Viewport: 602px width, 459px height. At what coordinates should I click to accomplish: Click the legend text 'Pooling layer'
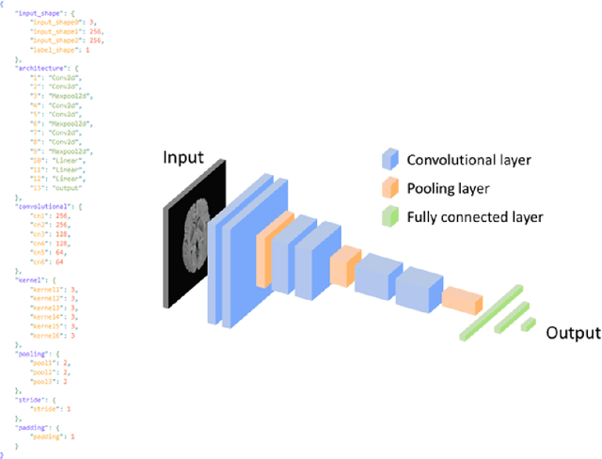(x=448, y=189)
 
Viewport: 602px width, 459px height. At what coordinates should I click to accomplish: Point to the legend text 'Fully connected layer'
(x=475, y=217)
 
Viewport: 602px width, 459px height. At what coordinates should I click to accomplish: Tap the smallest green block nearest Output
(x=529, y=324)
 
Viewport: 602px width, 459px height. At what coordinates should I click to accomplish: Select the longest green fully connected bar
(x=491, y=310)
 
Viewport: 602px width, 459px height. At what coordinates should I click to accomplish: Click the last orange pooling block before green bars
(x=462, y=301)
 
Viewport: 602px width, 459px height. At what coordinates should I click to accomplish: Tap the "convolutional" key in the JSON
(x=41, y=204)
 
